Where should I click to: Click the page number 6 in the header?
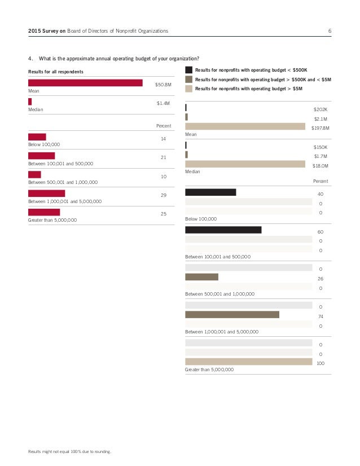pos(330,30)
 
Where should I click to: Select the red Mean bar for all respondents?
pos(85,83)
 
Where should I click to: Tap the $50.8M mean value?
pos(163,84)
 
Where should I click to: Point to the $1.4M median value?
pos(163,103)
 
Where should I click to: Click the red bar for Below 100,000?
pos(37,137)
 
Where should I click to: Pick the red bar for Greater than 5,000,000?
pos(44,212)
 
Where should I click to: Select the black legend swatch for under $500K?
pos(188,70)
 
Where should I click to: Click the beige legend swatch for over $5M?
pos(188,89)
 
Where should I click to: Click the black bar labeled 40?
pos(210,192)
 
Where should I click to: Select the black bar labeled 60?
pos(223,230)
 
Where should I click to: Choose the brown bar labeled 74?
pos(232,314)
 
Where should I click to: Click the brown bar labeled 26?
pos(201,277)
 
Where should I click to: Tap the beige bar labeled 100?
pos(248,362)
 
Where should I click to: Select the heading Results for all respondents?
pos(56,72)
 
